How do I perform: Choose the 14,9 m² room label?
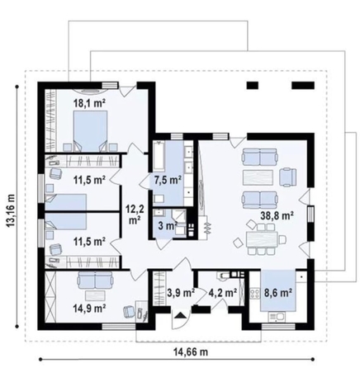[x=89, y=308]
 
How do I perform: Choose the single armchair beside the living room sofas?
[x=287, y=175]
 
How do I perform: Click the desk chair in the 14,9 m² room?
[x=129, y=311]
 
